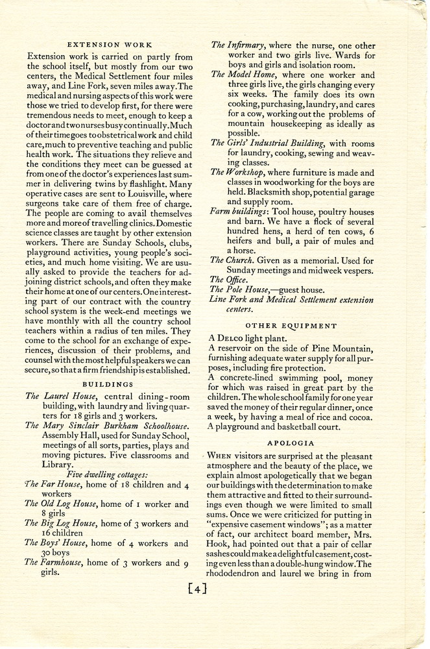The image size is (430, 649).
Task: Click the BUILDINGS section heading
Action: click(x=109, y=384)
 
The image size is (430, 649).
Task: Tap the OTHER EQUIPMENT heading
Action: click(x=291, y=325)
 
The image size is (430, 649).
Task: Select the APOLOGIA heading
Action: click(x=292, y=443)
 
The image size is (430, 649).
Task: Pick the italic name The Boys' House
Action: click(x=59, y=543)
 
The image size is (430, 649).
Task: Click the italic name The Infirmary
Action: click(x=238, y=45)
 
